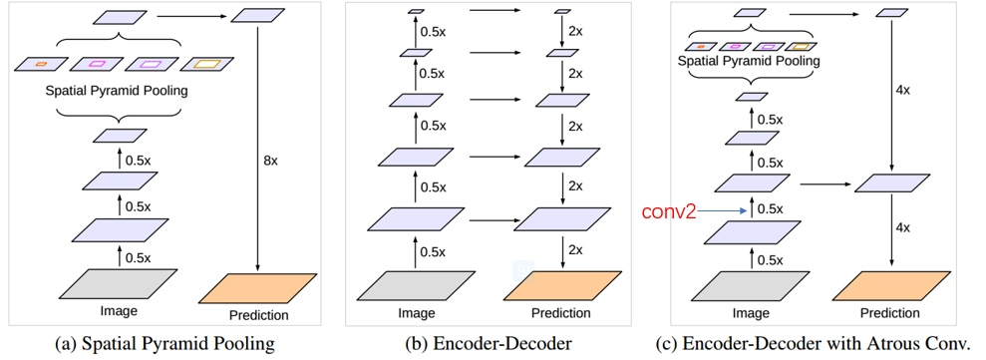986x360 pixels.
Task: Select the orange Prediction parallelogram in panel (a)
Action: point(257,287)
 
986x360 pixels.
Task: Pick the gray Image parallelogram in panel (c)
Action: point(743,284)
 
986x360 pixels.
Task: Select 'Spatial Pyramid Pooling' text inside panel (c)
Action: point(746,60)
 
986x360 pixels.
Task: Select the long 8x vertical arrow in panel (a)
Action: point(258,150)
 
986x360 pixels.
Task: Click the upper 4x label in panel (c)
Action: point(902,90)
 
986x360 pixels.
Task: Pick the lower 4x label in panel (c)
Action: point(902,227)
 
